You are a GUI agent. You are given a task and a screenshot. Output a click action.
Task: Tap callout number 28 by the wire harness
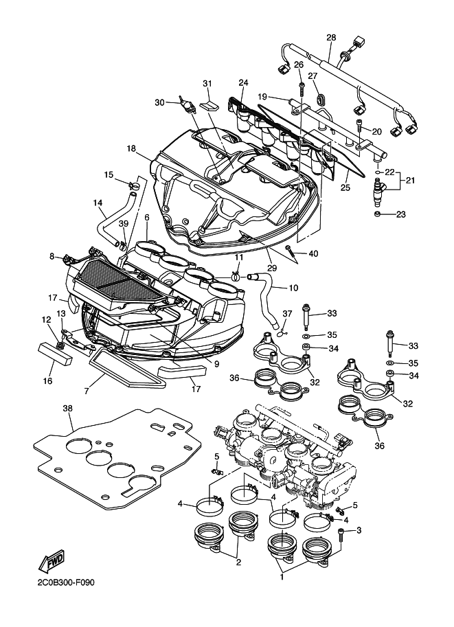[331, 37]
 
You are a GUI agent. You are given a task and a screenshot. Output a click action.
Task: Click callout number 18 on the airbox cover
[131, 148]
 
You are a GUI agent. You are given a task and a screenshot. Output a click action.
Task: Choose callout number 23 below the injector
[400, 215]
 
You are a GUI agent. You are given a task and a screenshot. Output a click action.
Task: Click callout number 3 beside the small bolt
[358, 530]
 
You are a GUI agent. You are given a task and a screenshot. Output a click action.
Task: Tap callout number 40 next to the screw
[313, 254]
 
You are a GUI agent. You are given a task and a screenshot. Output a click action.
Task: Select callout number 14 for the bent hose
[98, 203]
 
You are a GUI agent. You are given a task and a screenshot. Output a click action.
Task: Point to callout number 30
[159, 102]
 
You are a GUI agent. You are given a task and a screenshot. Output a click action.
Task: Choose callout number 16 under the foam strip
[47, 380]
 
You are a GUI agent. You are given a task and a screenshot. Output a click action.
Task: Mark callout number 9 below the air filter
[216, 364]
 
